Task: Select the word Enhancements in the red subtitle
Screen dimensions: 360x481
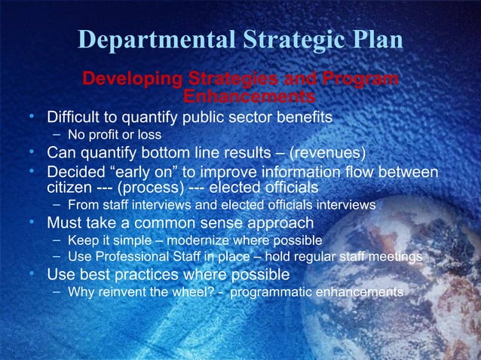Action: click(x=249, y=97)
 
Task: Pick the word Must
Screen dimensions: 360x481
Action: click(x=66, y=223)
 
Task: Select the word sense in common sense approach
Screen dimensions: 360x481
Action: click(x=213, y=223)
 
